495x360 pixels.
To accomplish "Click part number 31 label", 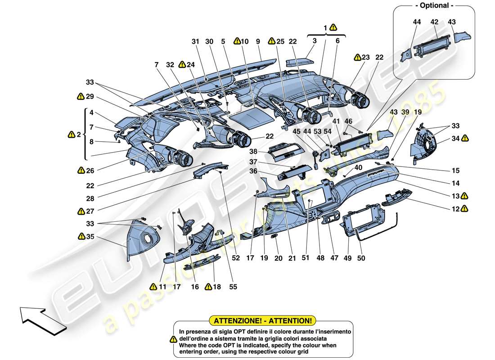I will (x=195, y=41).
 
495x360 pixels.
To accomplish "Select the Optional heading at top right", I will (x=434, y=6).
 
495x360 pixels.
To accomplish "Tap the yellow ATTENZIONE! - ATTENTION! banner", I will (x=263, y=321).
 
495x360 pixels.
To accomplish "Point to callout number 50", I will (x=361, y=258).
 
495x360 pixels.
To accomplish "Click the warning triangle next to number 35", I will (x=81, y=236).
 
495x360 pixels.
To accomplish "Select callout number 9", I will (x=258, y=41).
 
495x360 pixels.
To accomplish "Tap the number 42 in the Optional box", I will (x=434, y=22).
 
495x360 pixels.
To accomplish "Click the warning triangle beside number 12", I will (x=464, y=208).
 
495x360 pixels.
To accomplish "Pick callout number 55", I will (x=233, y=287).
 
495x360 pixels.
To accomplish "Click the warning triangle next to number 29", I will (x=80, y=96).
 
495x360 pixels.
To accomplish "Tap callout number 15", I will (x=456, y=171).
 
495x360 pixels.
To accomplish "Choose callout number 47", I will (x=334, y=258).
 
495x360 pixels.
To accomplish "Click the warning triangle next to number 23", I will (x=357, y=57).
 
